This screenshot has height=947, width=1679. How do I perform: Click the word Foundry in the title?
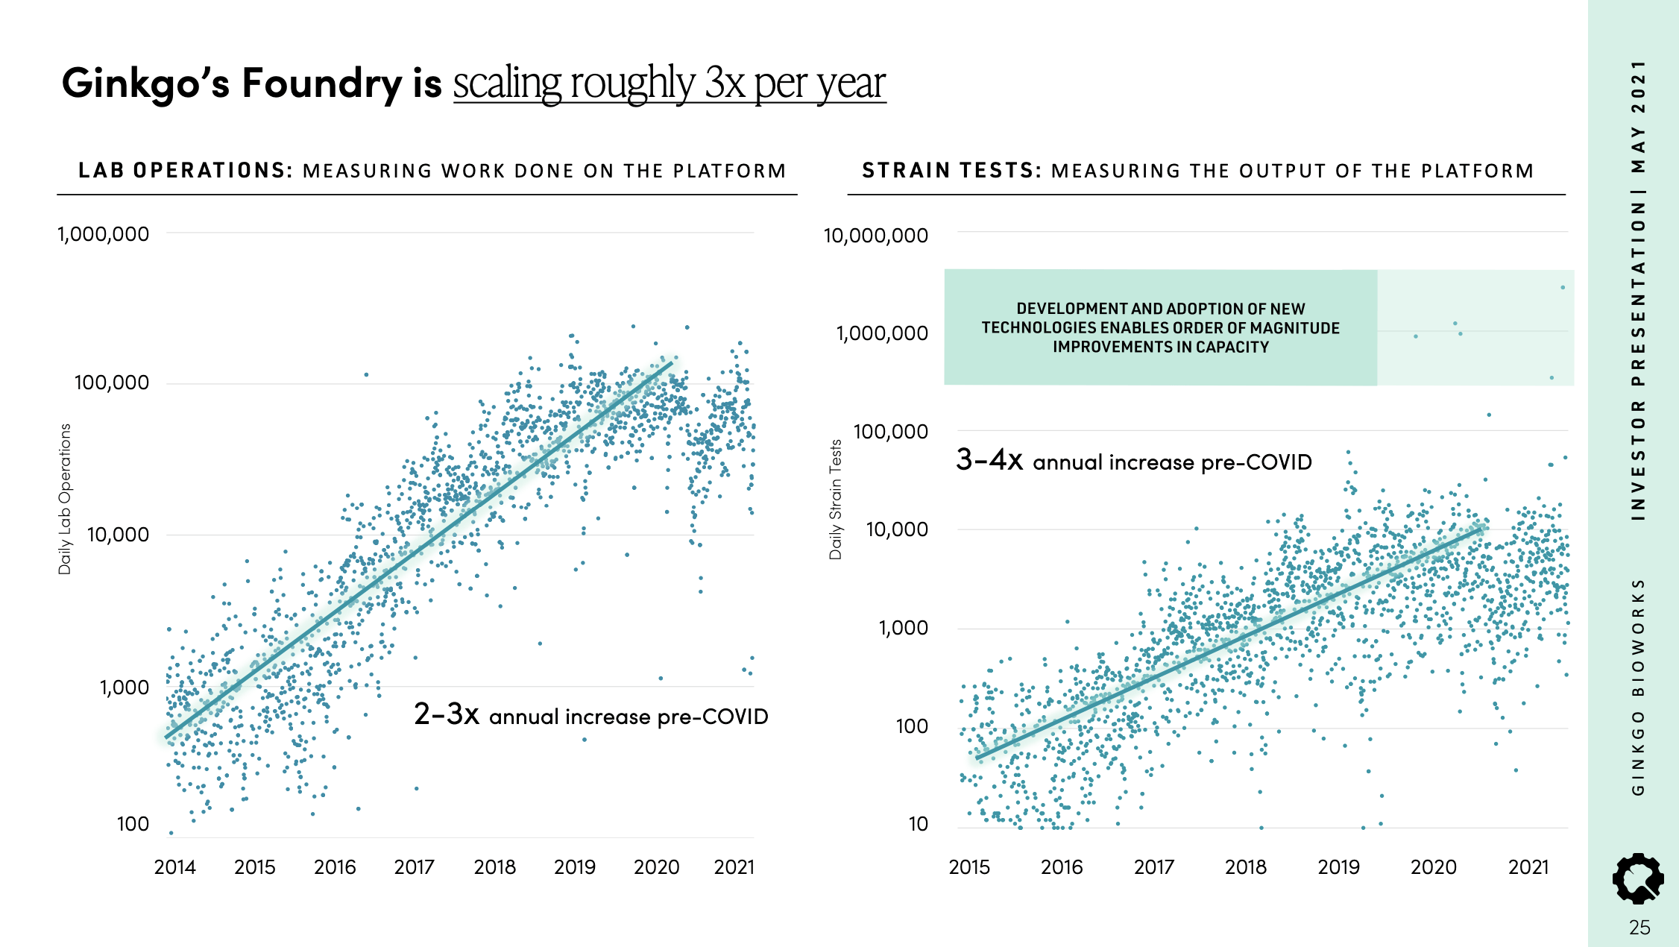point(321,83)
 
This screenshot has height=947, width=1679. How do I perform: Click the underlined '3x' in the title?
point(725,83)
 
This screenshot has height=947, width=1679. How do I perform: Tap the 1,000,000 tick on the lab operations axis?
point(104,234)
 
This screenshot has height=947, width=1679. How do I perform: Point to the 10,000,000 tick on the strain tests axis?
point(875,236)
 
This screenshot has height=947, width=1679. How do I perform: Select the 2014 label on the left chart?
point(174,867)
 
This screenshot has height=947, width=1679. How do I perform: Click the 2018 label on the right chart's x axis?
point(1246,867)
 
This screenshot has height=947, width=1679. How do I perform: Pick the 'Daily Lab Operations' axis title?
point(65,499)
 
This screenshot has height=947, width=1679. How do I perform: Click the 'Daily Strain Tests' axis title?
point(836,499)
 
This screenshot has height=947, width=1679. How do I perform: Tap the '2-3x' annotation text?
point(446,714)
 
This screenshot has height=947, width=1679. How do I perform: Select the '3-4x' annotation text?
point(989,460)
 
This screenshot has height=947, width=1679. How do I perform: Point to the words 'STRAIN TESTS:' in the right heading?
point(951,171)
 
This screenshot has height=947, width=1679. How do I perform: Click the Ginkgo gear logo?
point(1638,879)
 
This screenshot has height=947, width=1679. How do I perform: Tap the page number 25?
point(1639,928)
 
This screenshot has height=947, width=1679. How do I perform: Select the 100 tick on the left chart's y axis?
point(133,824)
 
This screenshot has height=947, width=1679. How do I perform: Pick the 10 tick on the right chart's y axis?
point(918,824)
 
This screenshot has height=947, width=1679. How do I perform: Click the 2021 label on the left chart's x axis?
point(734,867)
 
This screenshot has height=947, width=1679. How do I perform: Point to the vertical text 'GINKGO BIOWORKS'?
point(1638,686)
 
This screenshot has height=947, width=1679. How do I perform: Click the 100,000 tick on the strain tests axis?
point(890,432)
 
